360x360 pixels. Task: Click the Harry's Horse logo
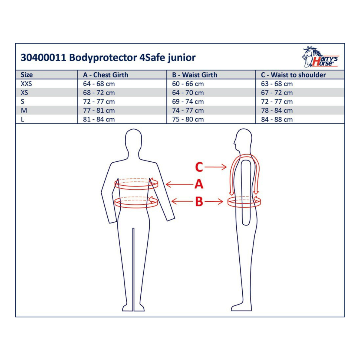point(320,57)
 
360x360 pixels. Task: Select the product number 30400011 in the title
point(43,58)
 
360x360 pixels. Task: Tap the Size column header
point(27,75)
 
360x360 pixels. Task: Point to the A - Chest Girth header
point(106,75)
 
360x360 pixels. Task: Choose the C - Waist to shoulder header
point(293,75)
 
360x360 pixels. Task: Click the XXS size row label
point(26,84)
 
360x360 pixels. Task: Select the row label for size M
point(24,110)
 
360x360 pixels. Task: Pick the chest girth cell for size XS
point(99,93)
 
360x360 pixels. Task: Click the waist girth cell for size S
point(188,101)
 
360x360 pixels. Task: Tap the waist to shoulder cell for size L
point(277,119)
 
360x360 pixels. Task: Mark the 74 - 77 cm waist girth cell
point(188,110)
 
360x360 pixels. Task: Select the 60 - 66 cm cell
point(188,84)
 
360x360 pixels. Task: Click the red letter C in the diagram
point(199,167)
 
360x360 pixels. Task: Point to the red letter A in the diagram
point(199,184)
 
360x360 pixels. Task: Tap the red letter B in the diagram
point(199,202)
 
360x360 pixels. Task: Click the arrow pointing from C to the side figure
point(216,167)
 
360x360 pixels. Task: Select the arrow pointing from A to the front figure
point(179,184)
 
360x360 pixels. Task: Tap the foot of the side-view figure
point(241,308)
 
